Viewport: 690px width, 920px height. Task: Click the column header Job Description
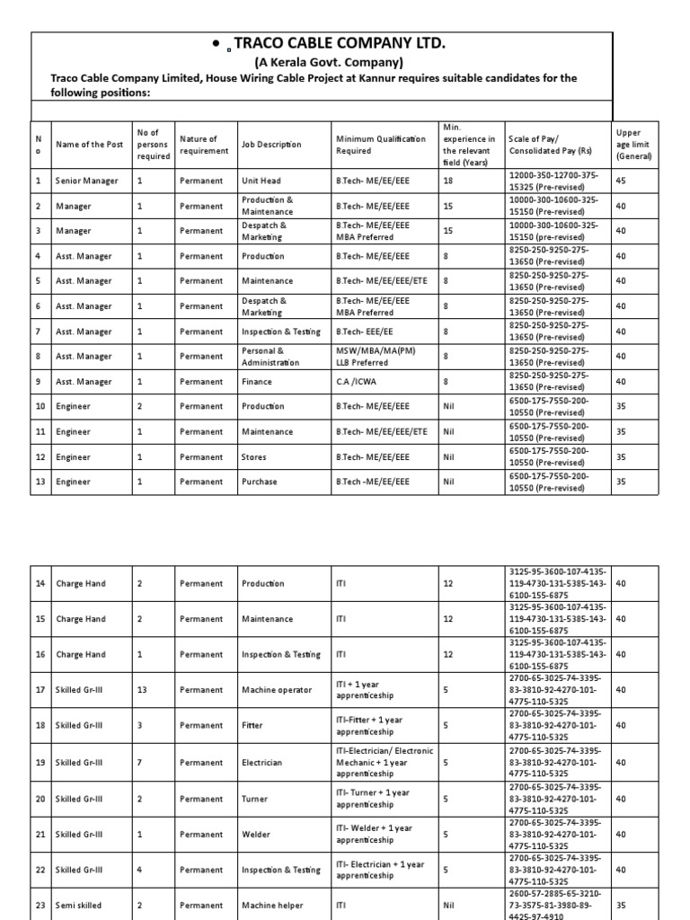[271, 145]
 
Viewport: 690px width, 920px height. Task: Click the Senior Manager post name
[86, 181]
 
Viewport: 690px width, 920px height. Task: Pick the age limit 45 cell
[622, 181]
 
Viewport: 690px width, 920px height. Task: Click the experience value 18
[448, 181]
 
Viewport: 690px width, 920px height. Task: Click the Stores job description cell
[255, 456]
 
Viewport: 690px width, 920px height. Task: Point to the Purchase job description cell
[260, 482]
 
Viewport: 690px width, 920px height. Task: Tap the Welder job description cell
[257, 834]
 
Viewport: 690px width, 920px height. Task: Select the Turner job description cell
[256, 798]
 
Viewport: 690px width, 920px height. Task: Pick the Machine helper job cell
[272, 906]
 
